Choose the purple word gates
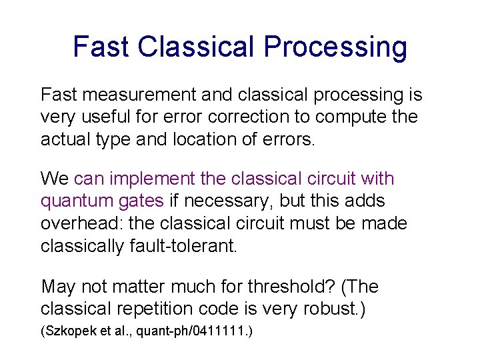(x=139, y=201)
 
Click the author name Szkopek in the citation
(x=70, y=331)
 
